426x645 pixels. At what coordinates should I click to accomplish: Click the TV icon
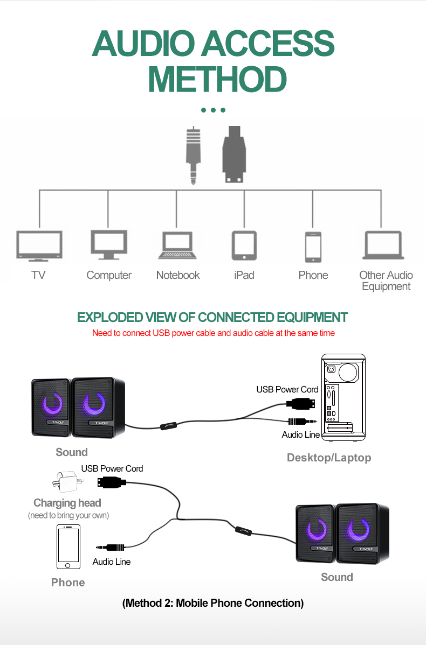pos(39,246)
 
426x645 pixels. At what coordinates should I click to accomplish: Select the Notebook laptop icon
pos(177,246)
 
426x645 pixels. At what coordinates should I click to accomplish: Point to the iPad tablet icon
pos(244,246)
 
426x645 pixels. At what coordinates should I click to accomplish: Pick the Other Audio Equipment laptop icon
pos(384,246)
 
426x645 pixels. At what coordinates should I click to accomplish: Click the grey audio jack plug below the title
pos(193,155)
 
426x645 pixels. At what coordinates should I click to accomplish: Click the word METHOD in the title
pos(217,80)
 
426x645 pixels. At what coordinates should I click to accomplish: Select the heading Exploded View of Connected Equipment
pos(212,317)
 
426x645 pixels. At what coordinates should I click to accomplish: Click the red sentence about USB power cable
pos(213,333)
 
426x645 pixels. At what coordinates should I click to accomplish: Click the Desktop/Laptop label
pos(329,458)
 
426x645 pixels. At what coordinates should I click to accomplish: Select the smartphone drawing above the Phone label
pos(68,546)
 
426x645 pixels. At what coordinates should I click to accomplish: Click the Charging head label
pos(67,503)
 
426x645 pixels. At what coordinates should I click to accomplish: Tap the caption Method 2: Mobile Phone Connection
pos(213,603)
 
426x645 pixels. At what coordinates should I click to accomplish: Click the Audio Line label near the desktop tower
pos(300,434)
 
